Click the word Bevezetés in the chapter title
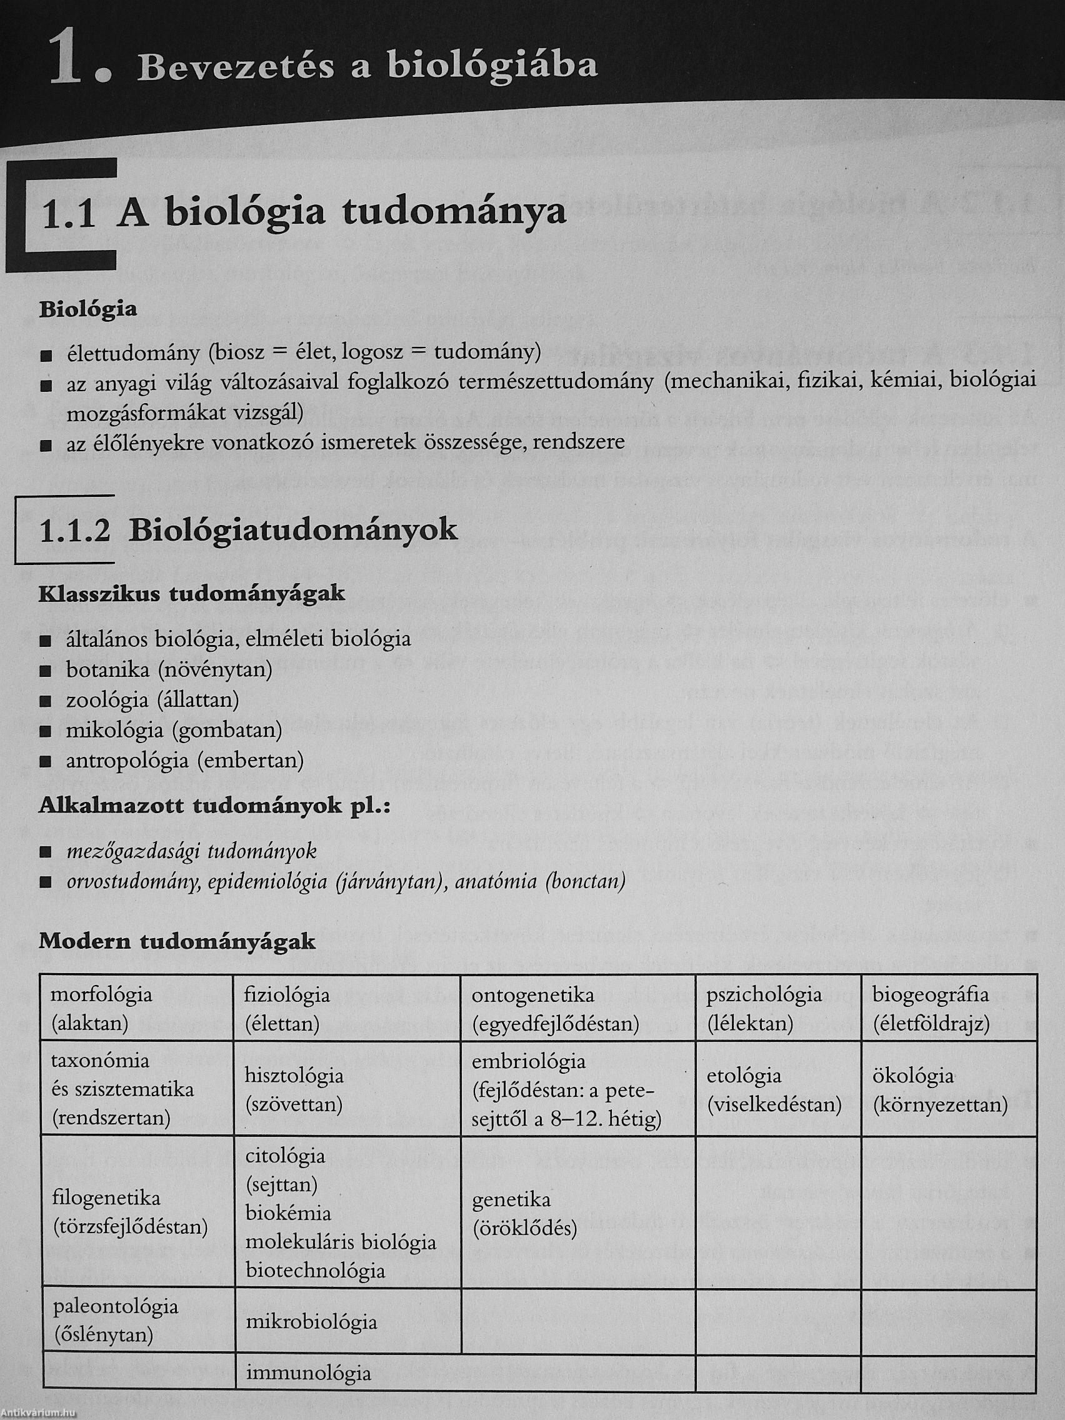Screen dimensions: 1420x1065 pyautogui.click(x=235, y=67)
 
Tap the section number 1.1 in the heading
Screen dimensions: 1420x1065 pyautogui.click(x=67, y=214)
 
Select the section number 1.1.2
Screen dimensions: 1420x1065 pyautogui.click(x=74, y=531)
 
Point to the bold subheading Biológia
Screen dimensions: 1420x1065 pyautogui.click(x=88, y=309)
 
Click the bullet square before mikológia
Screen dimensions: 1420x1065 pyautogui.click(x=45, y=731)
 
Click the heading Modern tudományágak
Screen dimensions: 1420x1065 pyautogui.click(x=177, y=942)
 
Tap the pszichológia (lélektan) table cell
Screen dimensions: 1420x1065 pyautogui.click(x=777, y=1009)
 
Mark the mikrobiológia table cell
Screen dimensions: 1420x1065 pyautogui.click(x=347, y=1321)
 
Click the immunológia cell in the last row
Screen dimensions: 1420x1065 pyautogui.click(x=347, y=1372)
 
